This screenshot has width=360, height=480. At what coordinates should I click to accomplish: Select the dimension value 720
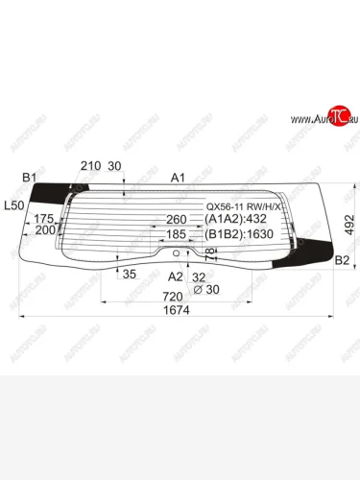(174, 296)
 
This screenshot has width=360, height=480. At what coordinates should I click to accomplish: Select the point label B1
(29, 178)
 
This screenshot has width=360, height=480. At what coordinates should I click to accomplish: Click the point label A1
(177, 178)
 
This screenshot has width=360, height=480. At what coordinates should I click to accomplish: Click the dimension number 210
(90, 166)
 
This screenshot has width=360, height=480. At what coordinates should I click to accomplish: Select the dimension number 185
(176, 233)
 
